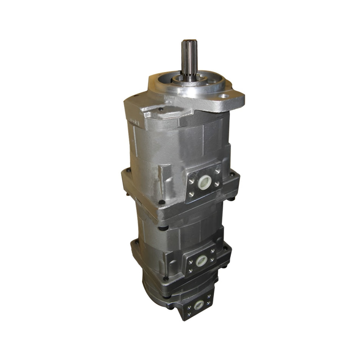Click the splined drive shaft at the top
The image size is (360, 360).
pos(189,57)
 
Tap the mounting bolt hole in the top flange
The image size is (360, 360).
pos(224,97)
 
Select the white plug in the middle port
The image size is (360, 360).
pos(202,260)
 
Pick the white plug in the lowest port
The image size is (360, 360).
pos(199,304)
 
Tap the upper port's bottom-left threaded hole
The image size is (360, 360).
pos(191,195)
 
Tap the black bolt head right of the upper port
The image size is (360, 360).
pos(232,175)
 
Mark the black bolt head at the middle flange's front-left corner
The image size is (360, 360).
pos(163,228)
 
